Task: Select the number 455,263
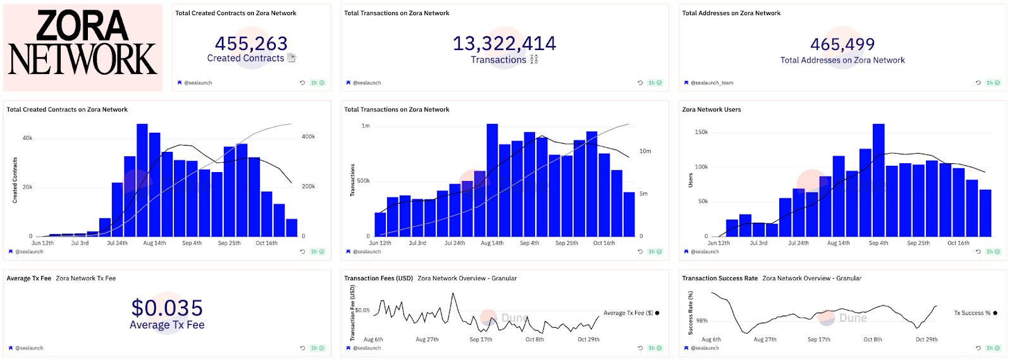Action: [251, 43]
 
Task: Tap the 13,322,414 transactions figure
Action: [504, 43]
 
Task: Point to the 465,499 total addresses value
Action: [842, 44]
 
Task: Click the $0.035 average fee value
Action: [167, 308]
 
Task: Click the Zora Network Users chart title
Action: [711, 109]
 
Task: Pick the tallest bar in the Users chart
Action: [878, 180]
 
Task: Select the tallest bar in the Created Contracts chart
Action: [142, 180]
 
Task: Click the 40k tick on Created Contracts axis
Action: [27, 138]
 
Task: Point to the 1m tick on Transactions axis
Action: [366, 126]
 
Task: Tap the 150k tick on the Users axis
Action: [701, 132]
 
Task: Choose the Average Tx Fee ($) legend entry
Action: [628, 313]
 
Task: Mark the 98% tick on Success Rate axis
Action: [701, 321]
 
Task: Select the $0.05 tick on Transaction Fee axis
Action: [362, 310]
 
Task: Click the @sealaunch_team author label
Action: [712, 83]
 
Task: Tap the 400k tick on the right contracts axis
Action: [308, 137]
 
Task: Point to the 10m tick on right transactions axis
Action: [645, 151]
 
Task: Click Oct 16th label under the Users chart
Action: [958, 243]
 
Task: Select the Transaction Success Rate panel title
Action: [719, 278]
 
